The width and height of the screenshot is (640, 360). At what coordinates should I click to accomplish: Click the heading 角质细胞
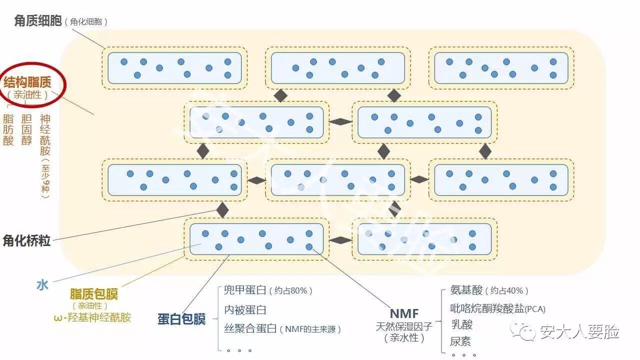click(38, 21)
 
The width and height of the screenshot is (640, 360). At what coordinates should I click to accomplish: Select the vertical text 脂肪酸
click(8, 129)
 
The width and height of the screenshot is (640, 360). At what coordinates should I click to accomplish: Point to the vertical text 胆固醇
click(26, 129)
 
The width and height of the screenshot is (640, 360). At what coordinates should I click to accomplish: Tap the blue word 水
click(42, 285)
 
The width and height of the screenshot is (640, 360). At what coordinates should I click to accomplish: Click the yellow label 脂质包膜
click(94, 294)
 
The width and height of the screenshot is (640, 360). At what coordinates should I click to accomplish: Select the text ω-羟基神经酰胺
click(92, 317)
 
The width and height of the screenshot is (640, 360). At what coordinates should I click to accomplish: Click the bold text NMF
click(404, 313)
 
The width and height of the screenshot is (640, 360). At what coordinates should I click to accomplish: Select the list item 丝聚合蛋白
click(250, 329)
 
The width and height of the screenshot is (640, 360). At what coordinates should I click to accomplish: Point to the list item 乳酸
click(461, 325)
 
